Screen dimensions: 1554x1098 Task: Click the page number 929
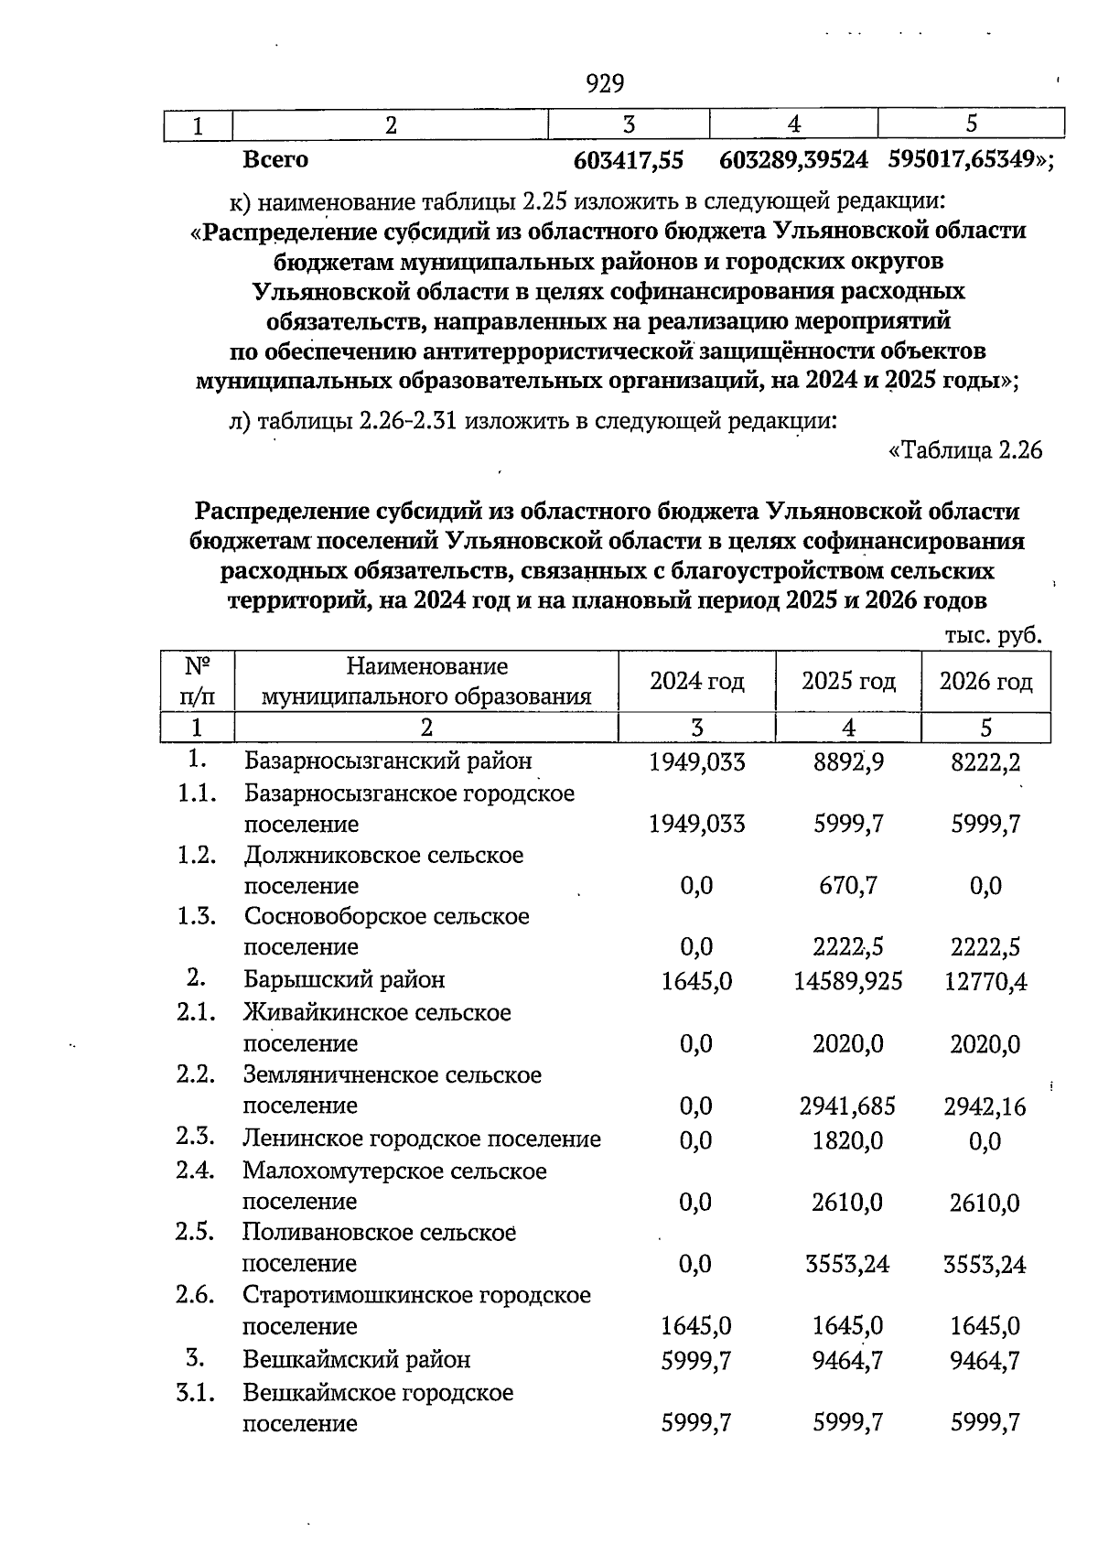pyautogui.click(x=605, y=84)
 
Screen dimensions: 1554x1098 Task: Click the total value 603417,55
pyautogui.click(x=629, y=160)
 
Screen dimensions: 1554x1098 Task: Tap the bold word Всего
pyautogui.click(x=275, y=160)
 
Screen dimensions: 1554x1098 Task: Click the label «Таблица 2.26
pyautogui.click(x=965, y=451)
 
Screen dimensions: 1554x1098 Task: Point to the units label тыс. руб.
pyautogui.click(x=993, y=636)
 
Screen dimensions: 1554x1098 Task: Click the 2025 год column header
pyautogui.click(x=848, y=682)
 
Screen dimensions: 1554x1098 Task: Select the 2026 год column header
pyautogui.click(x=985, y=682)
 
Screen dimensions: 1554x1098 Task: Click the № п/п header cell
pyautogui.click(x=199, y=682)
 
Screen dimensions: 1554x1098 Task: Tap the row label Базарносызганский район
pyautogui.click(x=387, y=761)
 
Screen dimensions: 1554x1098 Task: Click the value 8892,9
pyautogui.click(x=848, y=761)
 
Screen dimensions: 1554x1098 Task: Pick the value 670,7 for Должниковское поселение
pyautogui.click(x=848, y=886)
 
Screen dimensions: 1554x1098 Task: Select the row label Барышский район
pyautogui.click(x=344, y=980)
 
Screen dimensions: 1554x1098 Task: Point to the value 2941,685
pyautogui.click(x=848, y=1106)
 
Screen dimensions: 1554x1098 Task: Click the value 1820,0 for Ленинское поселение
pyautogui.click(x=848, y=1140)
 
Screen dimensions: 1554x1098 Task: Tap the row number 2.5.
pyautogui.click(x=196, y=1232)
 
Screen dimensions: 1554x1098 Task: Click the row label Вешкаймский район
pyautogui.click(x=357, y=1360)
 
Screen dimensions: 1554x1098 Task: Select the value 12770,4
pyautogui.click(x=985, y=982)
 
